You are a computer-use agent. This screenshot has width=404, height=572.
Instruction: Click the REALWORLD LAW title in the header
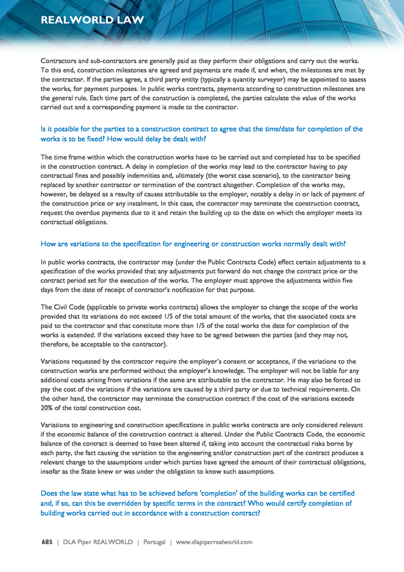92,20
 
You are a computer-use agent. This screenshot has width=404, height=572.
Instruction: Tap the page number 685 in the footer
47,542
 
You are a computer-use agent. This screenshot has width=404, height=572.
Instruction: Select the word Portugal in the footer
154,542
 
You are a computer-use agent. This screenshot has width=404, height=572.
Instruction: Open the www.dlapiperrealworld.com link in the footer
214,542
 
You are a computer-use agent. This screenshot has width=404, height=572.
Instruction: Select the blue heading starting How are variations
193,243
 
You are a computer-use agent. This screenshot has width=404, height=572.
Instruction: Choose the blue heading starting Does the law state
198,503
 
